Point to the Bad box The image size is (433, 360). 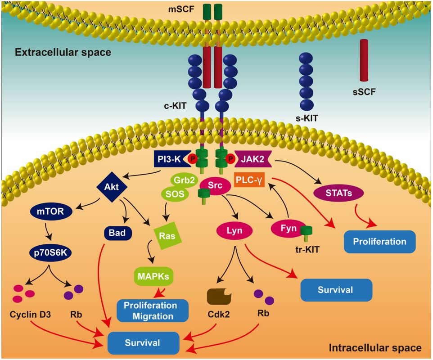pos(118,233)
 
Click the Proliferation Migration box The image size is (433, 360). pos(153,310)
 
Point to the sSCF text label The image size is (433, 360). pos(365,93)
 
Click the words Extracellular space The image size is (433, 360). pos(63,53)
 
